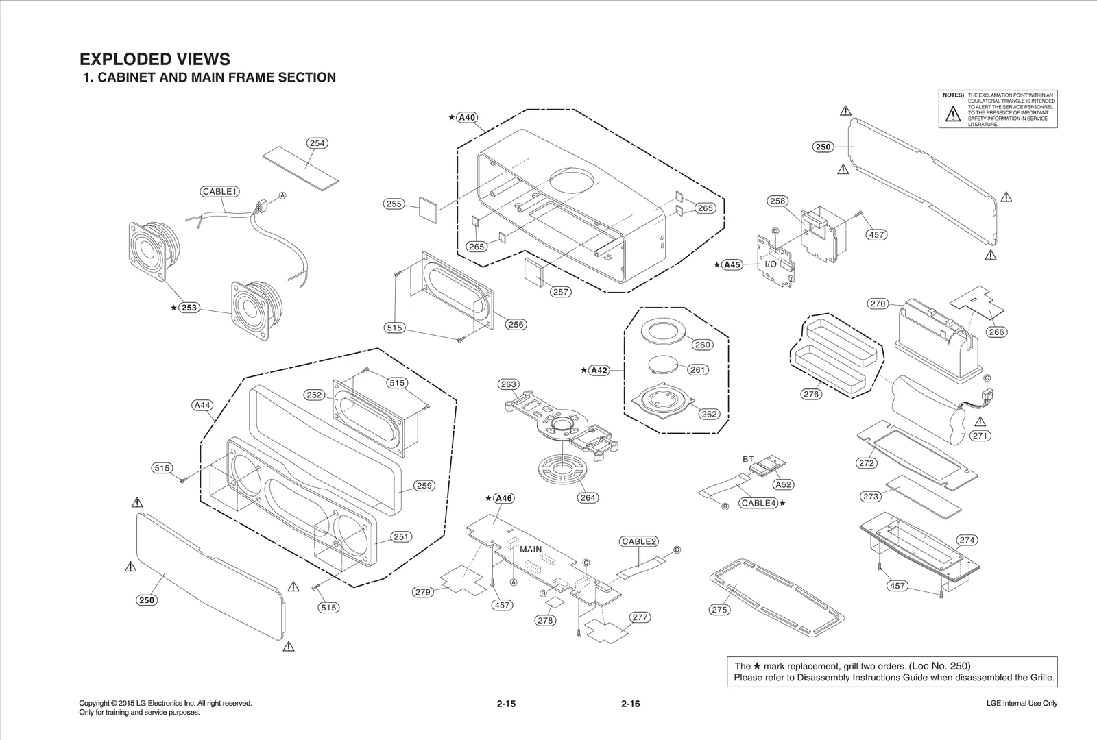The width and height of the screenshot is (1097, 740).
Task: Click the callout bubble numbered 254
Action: click(317, 143)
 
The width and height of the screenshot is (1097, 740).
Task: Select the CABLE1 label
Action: click(220, 191)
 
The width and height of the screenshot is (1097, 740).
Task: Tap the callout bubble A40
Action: click(467, 117)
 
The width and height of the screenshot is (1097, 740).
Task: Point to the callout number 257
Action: click(561, 292)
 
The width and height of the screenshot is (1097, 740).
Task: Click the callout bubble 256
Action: click(516, 325)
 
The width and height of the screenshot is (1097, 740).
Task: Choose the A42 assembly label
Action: click(599, 370)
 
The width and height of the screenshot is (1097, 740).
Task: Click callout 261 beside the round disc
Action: click(697, 369)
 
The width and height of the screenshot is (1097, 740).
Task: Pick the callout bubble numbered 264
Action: click(588, 497)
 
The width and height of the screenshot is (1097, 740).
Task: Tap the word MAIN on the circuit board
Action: click(531, 549)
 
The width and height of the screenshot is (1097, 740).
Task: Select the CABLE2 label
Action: click(639, 541)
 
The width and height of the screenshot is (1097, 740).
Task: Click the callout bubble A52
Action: click(783, 484)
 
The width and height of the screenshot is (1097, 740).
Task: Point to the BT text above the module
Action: click(748, 459)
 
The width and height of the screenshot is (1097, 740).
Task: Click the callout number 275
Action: click(719, 609)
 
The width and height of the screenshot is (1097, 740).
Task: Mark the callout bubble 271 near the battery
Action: click(980, 436)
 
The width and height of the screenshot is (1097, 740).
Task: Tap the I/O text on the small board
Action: click(771, 264)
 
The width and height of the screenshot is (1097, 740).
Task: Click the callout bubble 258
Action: click(777, 201)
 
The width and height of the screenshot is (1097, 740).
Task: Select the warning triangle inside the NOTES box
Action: click(952, 114)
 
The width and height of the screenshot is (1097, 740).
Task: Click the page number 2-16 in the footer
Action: click(630, 704)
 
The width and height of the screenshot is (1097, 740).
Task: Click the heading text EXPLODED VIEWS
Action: click(155, 59)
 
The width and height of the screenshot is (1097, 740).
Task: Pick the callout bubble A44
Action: click(202, 405)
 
